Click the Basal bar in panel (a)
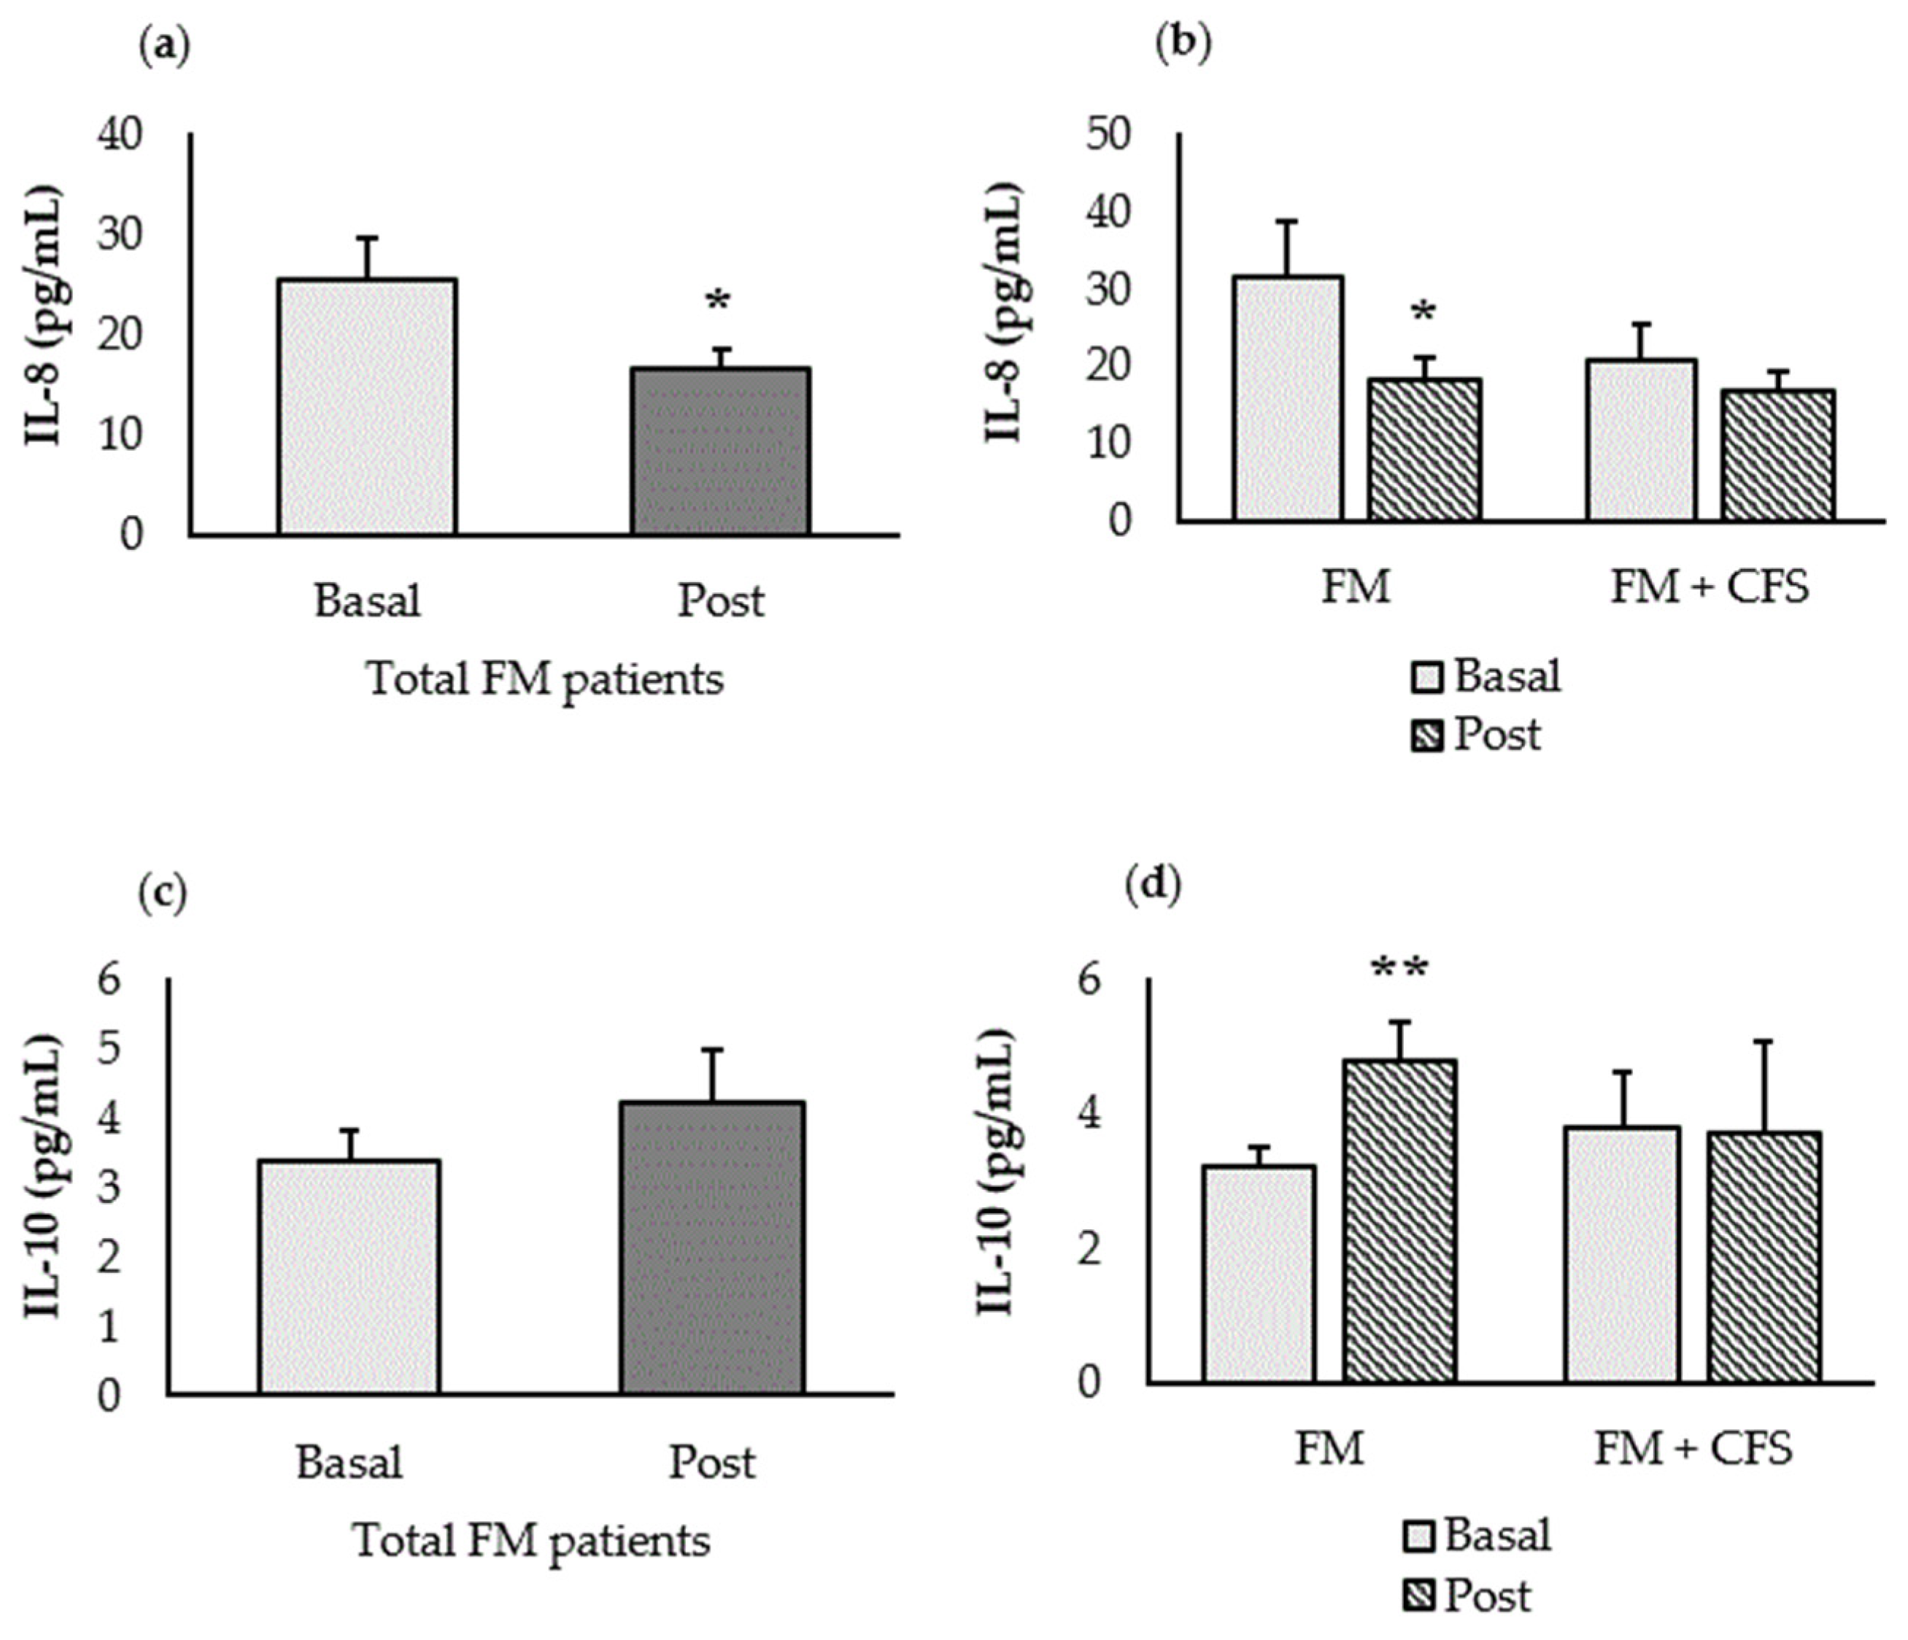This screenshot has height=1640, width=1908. point(366,406)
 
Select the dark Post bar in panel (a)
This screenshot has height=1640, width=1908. point(720,450)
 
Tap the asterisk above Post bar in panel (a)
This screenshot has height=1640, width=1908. point(717,301)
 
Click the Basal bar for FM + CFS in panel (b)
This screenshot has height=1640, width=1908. point(1641,439)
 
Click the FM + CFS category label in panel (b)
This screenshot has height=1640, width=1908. point(1709,587)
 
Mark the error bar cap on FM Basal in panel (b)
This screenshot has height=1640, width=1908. point(1286,221)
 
